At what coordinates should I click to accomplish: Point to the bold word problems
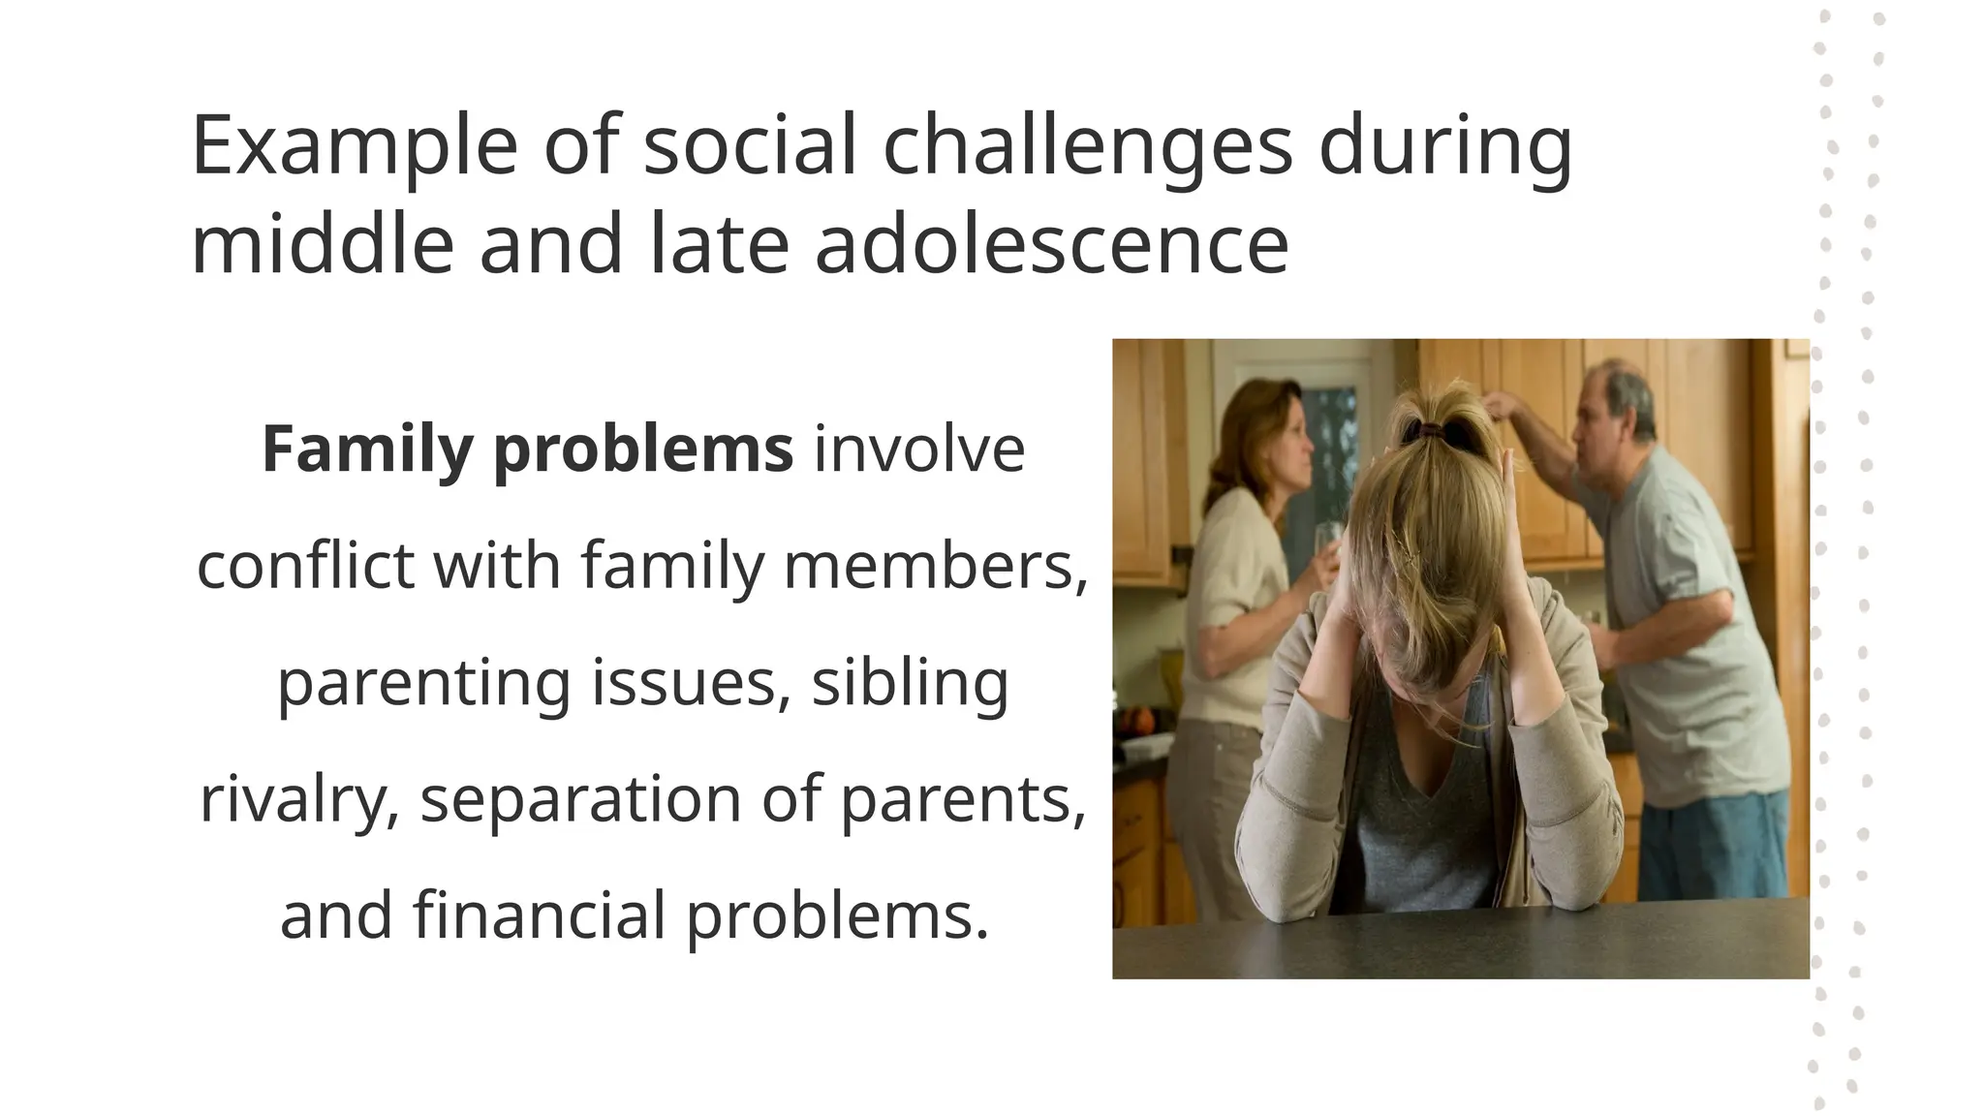643,451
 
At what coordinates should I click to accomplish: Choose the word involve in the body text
919,449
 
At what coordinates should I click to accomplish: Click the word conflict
305,566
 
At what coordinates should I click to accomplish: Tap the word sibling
910,684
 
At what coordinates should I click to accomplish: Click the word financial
540,914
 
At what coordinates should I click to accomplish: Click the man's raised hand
1500,405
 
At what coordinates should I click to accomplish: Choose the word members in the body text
936,566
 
